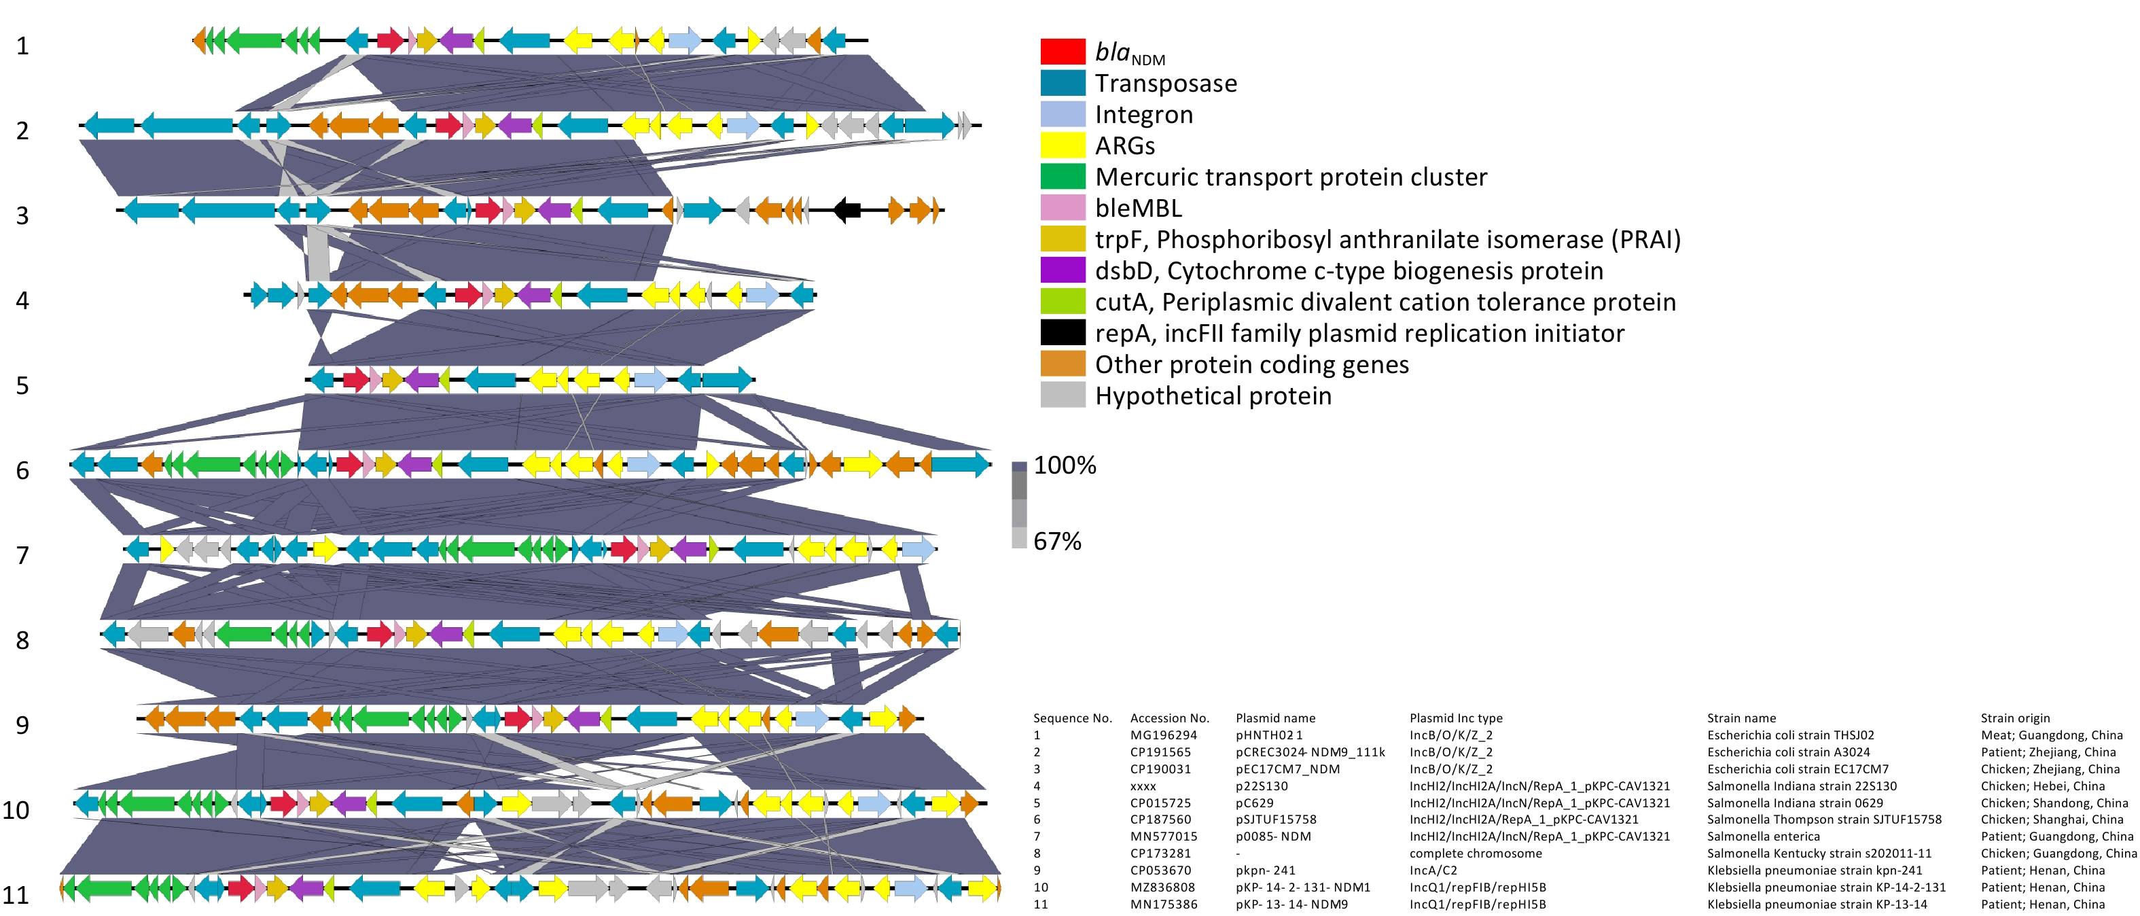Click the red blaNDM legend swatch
pos(1063,52)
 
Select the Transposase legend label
pos(1166,83)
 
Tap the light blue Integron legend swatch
pos(1063,114)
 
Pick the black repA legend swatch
pos(1063,332)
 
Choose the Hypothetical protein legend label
pos(1213,395)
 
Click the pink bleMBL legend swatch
pos(1063,208)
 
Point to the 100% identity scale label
pos(1064,465)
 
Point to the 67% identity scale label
pos(1056,541)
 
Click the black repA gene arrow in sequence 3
pos(846,209)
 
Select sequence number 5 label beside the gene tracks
pos(22,386)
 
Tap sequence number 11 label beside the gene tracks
pos(16,895)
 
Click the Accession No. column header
pos(1169,718)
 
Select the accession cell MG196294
pos(1163,735)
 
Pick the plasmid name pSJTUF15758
pos(1275,820)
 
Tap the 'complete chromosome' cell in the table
pos(1476,853)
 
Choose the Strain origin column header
pos(2014,718)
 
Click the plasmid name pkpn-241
pos(1265,870)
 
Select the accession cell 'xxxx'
pos(1143,786)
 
